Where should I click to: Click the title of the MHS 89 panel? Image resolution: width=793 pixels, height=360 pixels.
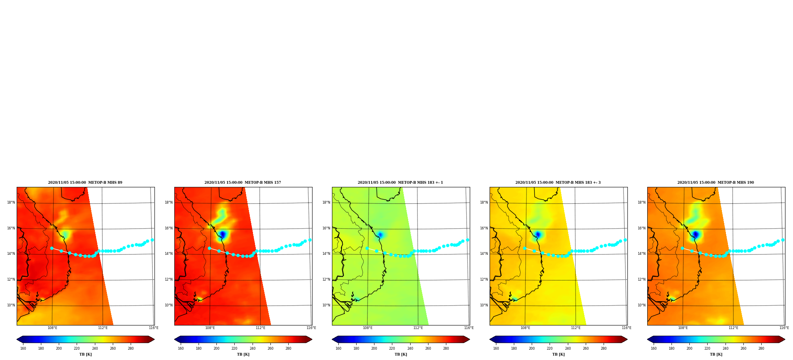coord(85,183)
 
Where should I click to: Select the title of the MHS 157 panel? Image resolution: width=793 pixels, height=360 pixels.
coord(243,183)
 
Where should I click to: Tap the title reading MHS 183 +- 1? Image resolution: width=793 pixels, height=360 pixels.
coord(400,183)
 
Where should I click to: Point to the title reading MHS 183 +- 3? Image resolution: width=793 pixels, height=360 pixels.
coord(558,183)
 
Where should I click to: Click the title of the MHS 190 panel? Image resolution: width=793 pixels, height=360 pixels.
coord(716,183)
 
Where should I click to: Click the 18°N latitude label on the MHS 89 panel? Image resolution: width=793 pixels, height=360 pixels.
coord(11,202)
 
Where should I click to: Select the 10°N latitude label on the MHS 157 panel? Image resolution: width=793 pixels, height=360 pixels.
coord(169,305)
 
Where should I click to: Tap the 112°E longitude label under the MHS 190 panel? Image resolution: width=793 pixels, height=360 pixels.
coord(733,328)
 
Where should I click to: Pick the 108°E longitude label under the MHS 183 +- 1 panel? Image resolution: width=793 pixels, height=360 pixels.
coord(367,328)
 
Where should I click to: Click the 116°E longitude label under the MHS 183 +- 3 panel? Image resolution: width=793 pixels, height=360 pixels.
coord(626,328)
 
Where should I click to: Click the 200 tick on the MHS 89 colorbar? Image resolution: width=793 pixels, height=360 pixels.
coord(59,348)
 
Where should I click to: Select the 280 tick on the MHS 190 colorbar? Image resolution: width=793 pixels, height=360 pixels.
coord(761,348)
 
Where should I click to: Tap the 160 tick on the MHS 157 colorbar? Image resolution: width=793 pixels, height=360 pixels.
coord(181,348)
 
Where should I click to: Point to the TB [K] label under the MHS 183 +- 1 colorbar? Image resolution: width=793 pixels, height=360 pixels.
coord(401,354)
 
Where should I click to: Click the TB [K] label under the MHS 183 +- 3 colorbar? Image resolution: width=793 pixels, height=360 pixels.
coord(558,354)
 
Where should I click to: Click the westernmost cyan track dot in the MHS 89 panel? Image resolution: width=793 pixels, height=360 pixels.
coord(52,248)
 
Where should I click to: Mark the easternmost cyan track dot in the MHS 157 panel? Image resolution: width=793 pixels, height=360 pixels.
coord(310,240)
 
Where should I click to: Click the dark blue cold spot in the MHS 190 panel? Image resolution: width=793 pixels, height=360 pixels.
coord(695,235)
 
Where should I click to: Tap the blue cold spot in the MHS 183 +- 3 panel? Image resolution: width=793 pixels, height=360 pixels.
coord(538,235)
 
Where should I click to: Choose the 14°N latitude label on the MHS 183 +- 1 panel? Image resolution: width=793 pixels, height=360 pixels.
coord(326,254)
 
